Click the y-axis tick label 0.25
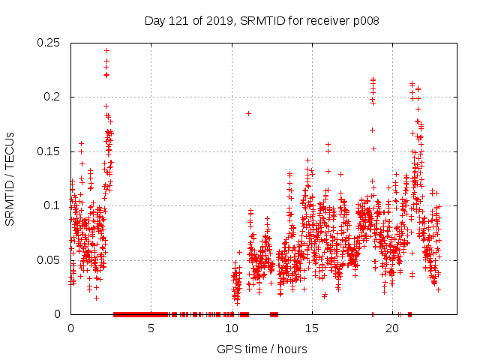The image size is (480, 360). click(49, 43)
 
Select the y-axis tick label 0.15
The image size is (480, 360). click(49, 151)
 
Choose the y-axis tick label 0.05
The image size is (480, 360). click(49, 259)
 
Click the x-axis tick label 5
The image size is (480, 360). click(151, 328)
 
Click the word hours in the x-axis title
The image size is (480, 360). click(292, 349)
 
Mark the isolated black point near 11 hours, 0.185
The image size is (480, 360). click(248, 113)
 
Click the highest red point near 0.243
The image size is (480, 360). click(106, 50)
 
